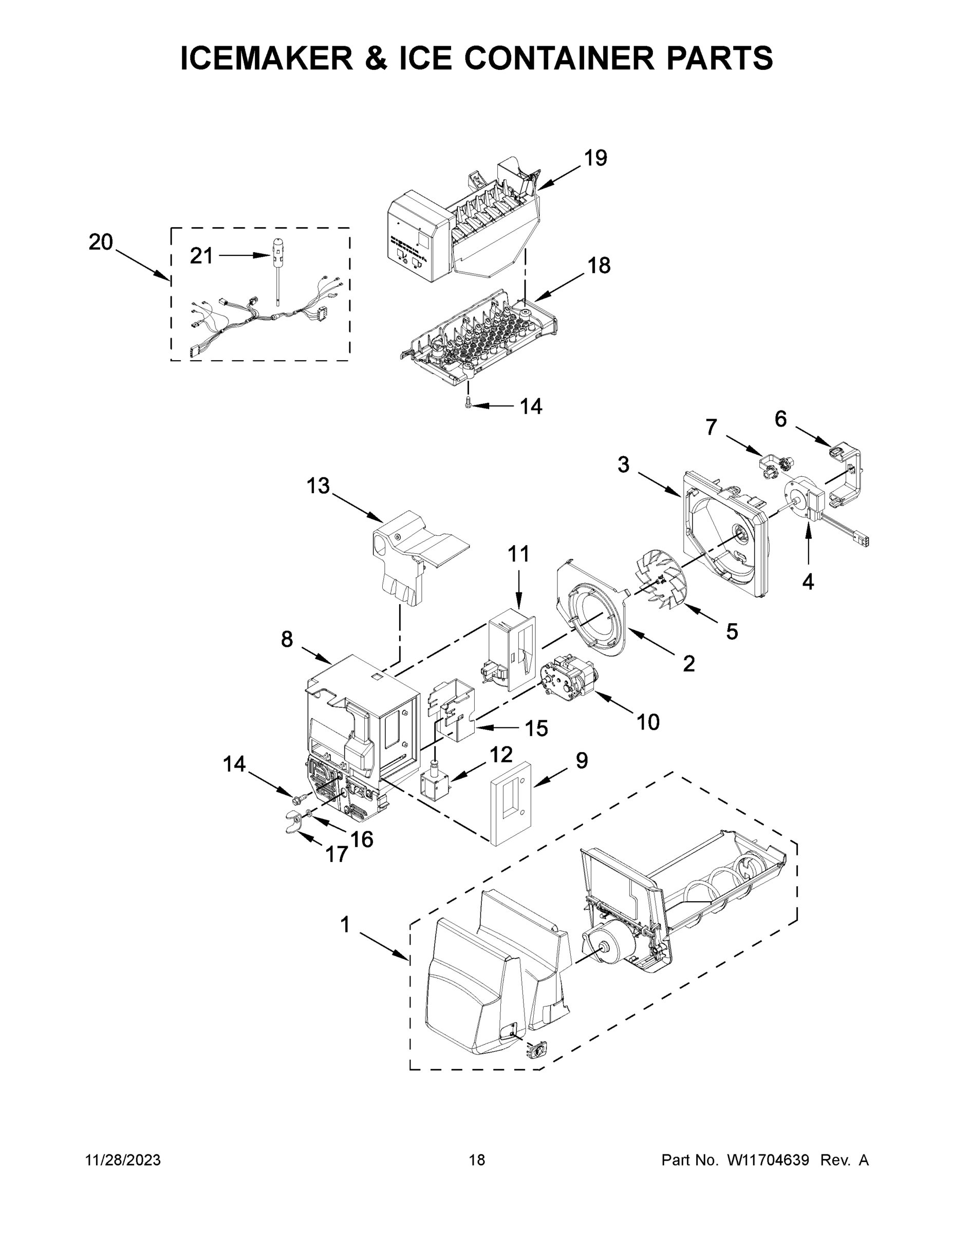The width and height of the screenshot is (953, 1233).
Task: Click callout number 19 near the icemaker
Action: tap(595, 158)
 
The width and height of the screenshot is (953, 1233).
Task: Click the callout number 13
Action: tap(318, 485)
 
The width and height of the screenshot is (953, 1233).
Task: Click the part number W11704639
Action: tap(768, 1160)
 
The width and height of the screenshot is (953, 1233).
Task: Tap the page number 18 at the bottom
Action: tap(477, 1160)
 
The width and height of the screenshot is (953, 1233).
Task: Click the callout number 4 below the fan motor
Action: tap(808, 582)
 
